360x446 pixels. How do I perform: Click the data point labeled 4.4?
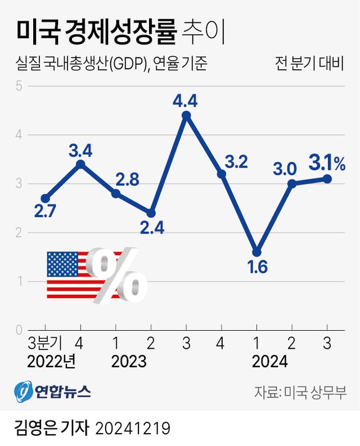[x=186, y=115]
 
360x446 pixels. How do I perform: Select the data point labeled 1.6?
[x=256, y=252]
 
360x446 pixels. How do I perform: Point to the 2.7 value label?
[x=45, y=214]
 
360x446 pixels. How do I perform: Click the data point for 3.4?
[x=80, y=164]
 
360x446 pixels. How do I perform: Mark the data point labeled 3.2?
[x=222, y=174]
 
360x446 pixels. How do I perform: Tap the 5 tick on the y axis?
[x=18, y=86]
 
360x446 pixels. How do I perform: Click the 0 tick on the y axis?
[x=18, y=330]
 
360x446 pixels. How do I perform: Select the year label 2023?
[x=129, y=361]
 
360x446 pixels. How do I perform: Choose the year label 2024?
[x=269, y=361]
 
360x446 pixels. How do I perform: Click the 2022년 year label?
[x=51, y=361]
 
